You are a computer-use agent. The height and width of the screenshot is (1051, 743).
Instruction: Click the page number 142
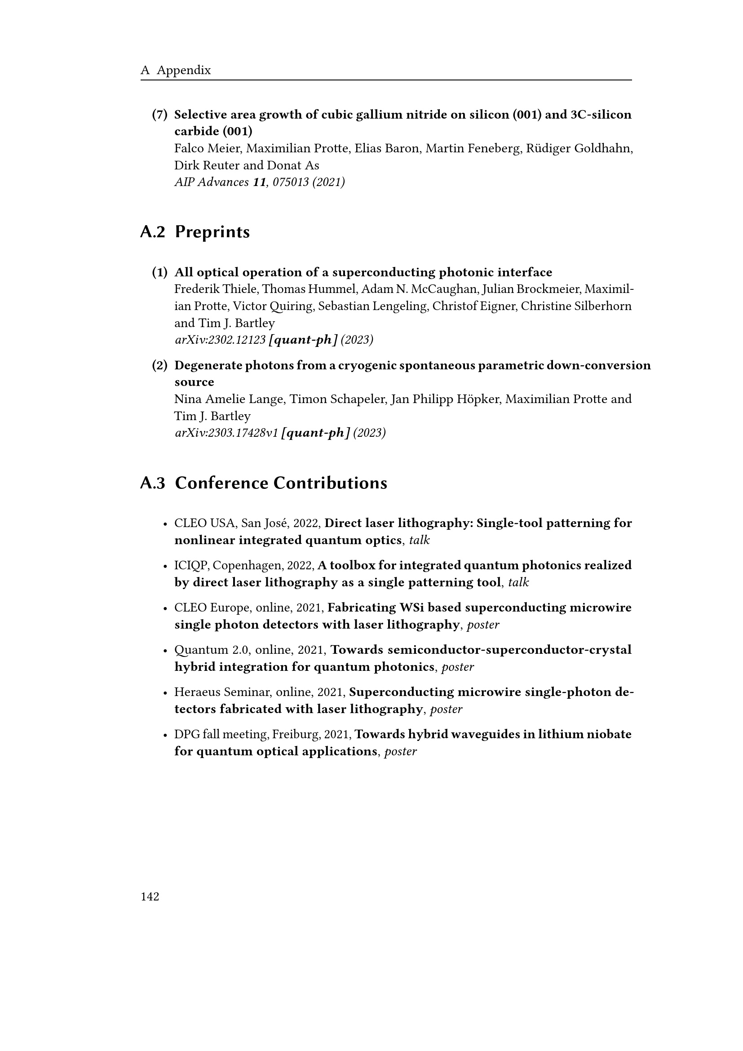tap(150, 897)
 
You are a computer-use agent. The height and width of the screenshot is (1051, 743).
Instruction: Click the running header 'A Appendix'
tap(176, 70)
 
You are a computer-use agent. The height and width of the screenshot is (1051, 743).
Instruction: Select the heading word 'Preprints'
tap(212, 232)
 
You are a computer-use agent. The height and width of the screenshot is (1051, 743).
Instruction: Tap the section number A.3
tap(152, 483)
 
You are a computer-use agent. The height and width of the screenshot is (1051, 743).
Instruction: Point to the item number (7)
tap(159, 115)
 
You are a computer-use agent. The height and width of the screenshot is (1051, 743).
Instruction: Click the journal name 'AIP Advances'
tap(212, 182)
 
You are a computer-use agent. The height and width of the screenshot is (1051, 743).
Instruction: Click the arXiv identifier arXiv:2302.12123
tap(220, 340)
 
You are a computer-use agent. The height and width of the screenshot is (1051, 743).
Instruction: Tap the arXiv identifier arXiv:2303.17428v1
tap(226, 433)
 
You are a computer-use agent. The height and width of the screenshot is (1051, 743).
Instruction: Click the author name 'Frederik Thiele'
tap(216, 289)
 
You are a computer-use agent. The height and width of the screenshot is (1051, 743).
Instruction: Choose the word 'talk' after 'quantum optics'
tap(419, 541)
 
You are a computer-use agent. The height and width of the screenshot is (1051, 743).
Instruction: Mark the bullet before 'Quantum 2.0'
tap(165, 651)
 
